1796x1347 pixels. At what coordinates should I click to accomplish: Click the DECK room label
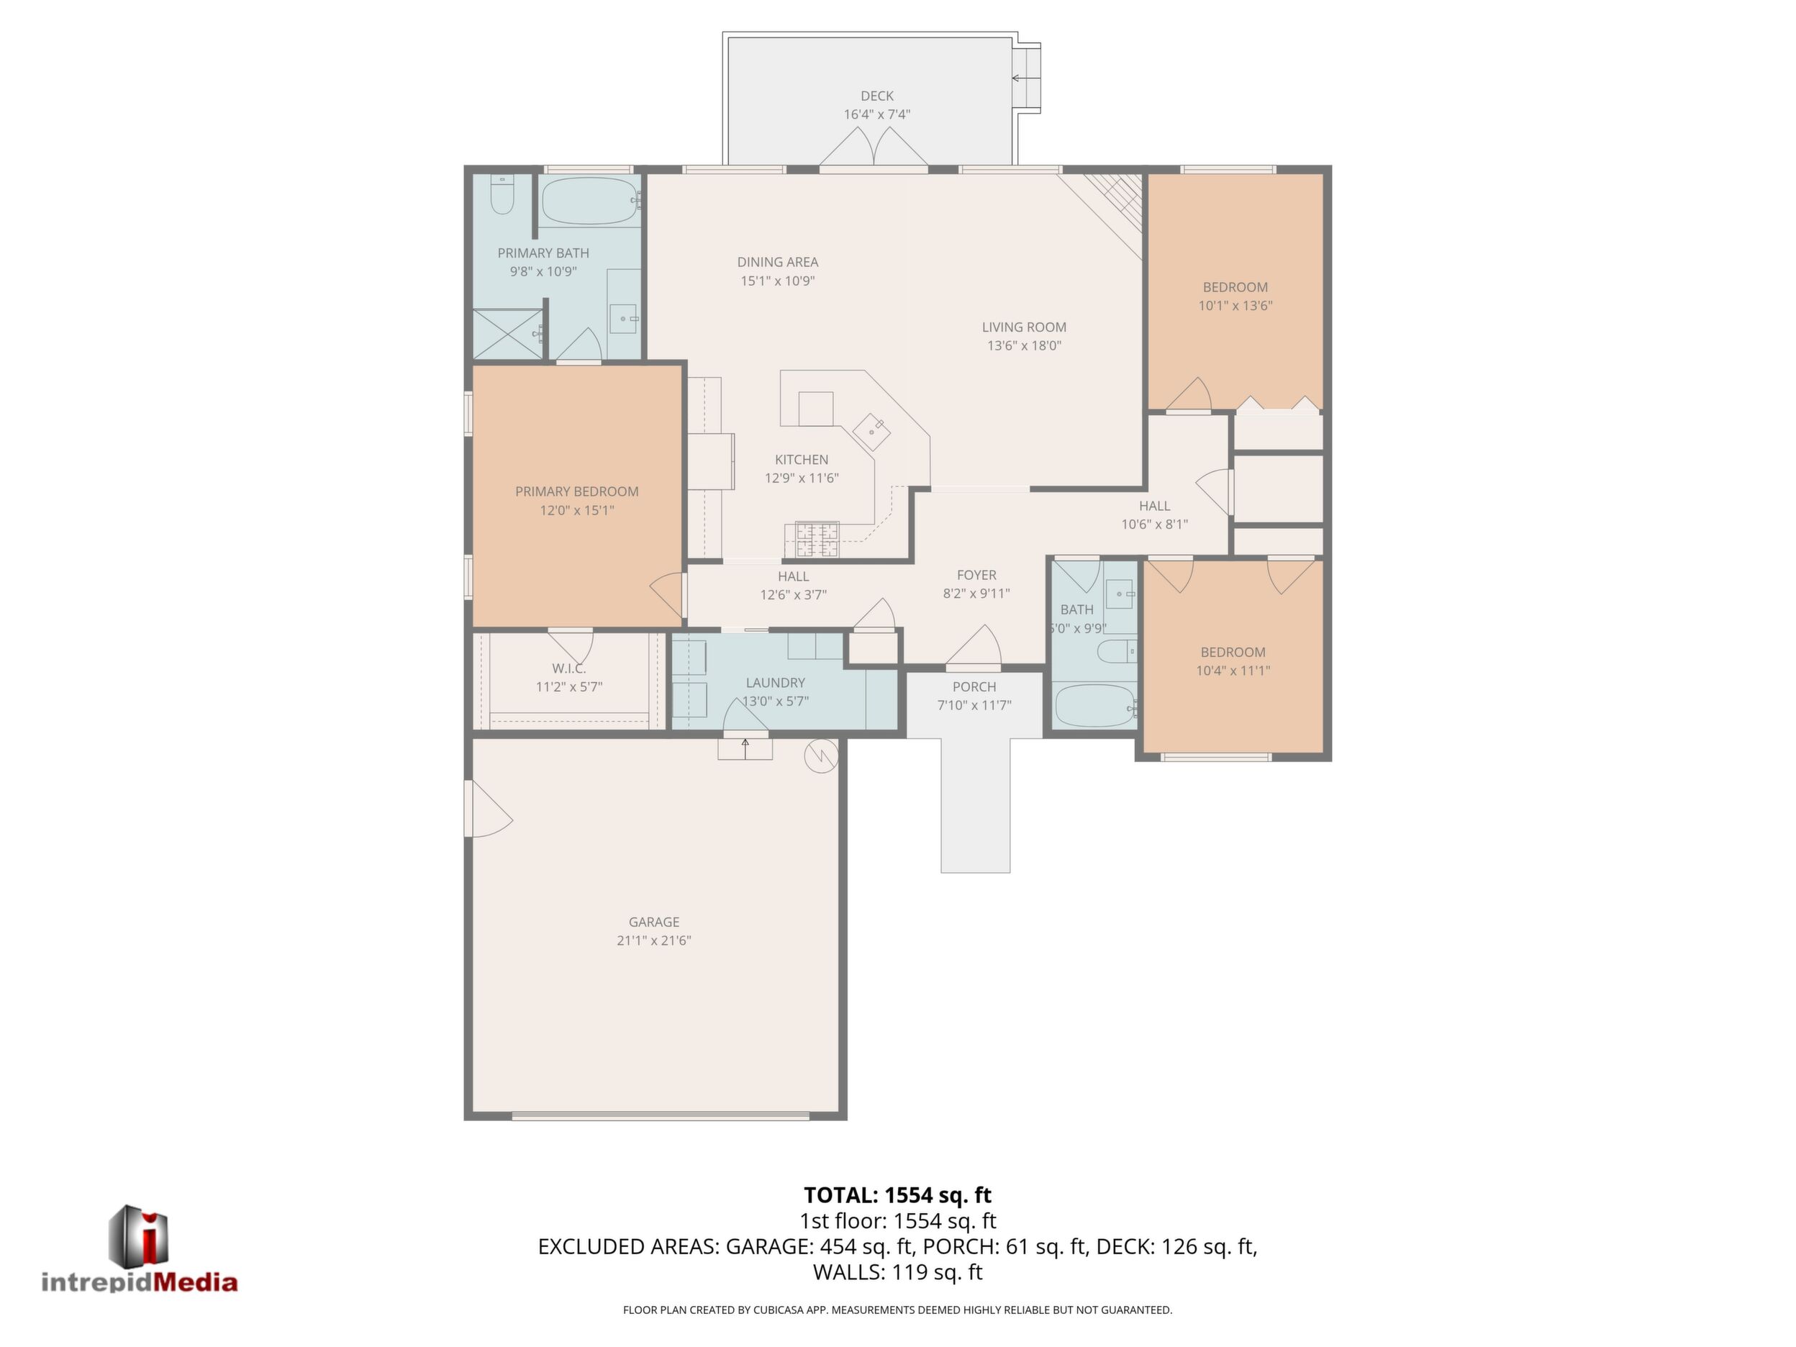point(877,96)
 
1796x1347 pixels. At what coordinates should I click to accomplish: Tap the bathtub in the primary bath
point(591,201)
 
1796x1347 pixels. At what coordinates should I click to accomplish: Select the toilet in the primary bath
point(502,196)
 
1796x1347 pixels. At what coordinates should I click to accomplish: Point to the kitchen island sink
point(871,430)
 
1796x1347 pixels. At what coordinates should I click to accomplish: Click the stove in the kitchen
point(817,540)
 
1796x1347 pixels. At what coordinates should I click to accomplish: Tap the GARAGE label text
point(653,922)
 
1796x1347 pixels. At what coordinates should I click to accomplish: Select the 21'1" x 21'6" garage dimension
point(653,940)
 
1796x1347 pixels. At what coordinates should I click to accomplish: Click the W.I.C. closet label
point(568,668)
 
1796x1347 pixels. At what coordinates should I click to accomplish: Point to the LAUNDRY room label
point(776,683)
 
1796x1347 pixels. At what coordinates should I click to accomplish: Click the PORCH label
point(974,687)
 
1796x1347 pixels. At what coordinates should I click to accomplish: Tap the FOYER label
point(976,575)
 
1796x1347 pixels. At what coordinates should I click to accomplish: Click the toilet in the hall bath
point(1117,650)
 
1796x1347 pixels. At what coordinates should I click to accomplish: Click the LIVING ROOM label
point(1024,327)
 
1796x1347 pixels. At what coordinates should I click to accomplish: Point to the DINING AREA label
point(778,262)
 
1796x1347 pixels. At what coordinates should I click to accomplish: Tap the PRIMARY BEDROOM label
point(576,491)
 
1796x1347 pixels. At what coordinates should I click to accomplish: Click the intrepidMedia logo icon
point(139,1234)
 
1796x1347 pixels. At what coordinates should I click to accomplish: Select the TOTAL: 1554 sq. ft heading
point(897,1195)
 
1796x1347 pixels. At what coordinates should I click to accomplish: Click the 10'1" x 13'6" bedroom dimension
point(1235,306)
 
